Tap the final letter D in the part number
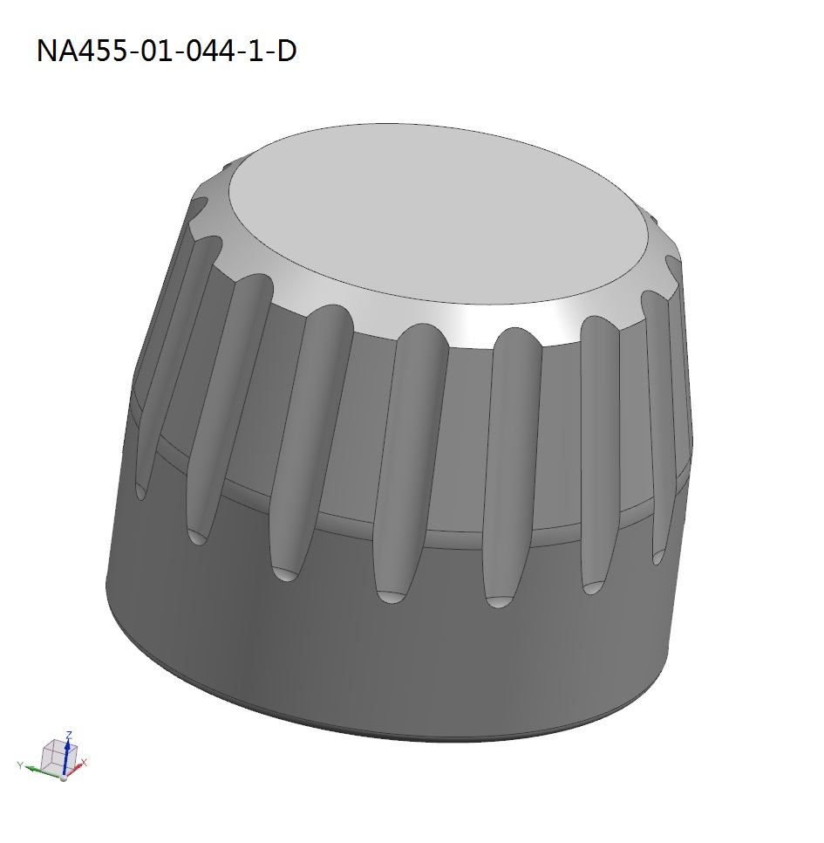(x=285, y=51)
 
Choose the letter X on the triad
(x=85, y=764)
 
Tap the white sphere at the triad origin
(x=63, y=777)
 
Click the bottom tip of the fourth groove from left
(x=390, y=595)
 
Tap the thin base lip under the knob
(x=392, y=734)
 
